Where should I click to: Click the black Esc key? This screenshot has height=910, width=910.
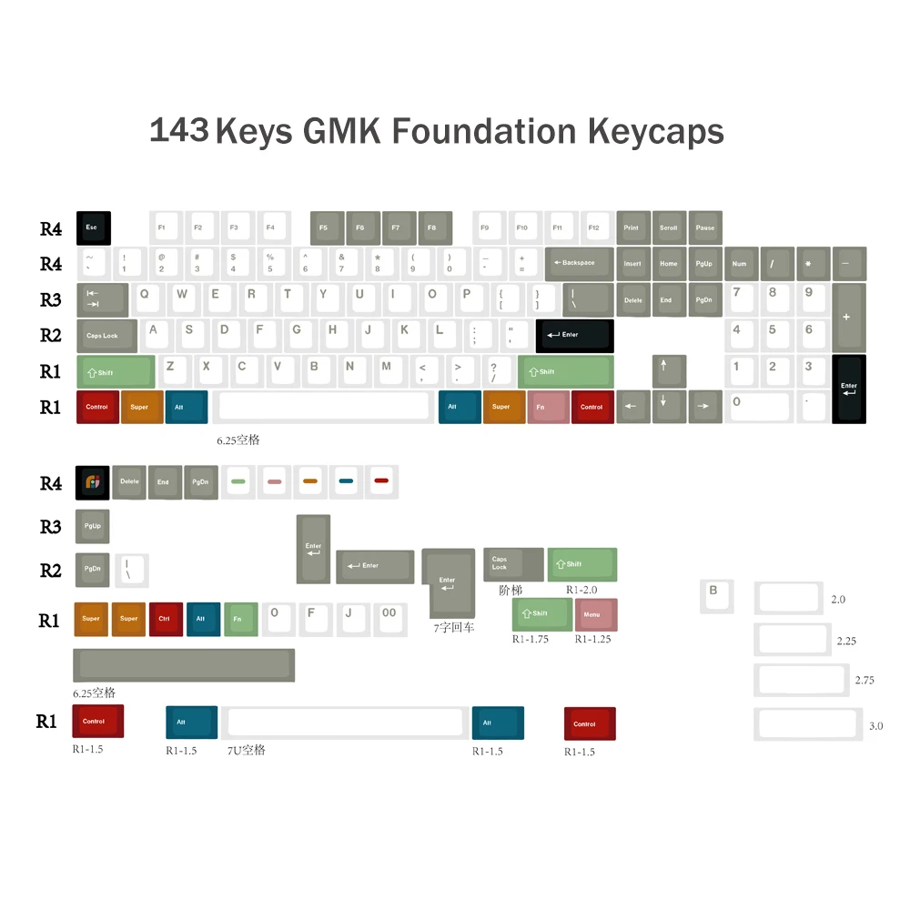(94, 227)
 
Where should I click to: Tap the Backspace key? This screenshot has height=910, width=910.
(578, 263)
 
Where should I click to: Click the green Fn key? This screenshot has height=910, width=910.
(241, 619)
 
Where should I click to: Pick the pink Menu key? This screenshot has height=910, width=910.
(596, 615)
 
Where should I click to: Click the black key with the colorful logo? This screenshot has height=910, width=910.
(93, 482)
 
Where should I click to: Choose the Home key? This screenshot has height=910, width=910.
(669, 263)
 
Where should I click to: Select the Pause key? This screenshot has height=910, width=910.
(705, 227)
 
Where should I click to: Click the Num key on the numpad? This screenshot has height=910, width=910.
(740, 263)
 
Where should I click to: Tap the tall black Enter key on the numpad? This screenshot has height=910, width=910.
(849, 389)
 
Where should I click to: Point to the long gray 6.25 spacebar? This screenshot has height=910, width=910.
(184, 665)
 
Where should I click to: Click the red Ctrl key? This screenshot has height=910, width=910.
(166, 619)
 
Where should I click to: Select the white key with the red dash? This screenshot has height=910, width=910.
(382, 481)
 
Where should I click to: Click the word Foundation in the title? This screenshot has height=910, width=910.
(485, 131)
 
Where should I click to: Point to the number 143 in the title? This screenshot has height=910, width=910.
(178, 131)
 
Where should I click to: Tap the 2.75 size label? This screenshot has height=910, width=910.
(864, 681)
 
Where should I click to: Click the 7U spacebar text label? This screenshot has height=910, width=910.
(246, 751)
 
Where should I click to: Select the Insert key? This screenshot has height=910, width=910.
(633, 263)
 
